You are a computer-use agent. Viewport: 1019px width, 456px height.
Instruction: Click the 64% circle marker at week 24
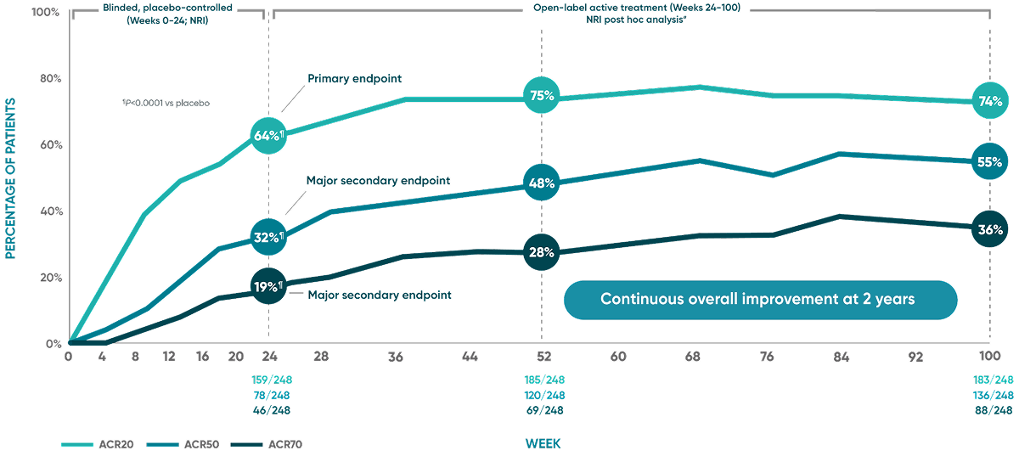click(x=268, y=136)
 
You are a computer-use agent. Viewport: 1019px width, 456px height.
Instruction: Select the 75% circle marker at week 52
click(x=542, y=96)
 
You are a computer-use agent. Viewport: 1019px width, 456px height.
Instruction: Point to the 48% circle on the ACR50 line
click(x=542, y=183)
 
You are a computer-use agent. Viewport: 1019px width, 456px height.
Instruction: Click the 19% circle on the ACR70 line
click(x=268, y=286)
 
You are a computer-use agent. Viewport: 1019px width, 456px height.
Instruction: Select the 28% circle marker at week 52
click(x=542, y=252)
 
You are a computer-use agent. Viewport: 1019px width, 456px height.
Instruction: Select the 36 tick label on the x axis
click(x=396, y=357)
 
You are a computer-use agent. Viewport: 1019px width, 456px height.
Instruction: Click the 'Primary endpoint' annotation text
click(x=353, y=78)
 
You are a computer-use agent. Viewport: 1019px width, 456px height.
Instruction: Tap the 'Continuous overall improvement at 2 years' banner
click(x=761, y=300)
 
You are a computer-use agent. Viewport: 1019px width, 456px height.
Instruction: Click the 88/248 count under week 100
click(x=990, y=409)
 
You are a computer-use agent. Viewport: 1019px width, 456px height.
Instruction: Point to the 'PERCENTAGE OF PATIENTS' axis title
click(x=12, y=177)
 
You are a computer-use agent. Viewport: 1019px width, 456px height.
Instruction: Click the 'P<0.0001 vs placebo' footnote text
click(x=166, y=103)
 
